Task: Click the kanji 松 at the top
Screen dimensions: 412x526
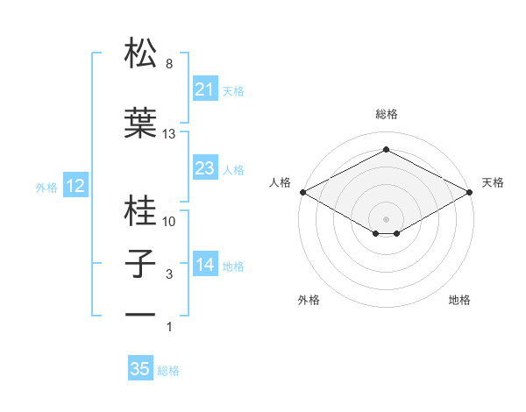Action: coord(141,53)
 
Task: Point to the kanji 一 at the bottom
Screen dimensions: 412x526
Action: coord(141,313)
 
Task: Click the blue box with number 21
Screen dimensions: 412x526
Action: coord(204,89)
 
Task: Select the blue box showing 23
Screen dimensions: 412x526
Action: coord(204,168)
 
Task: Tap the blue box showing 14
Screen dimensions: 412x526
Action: coord(204,264)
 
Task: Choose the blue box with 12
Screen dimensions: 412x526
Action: coord(75,186)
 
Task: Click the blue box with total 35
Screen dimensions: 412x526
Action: coord(140,369)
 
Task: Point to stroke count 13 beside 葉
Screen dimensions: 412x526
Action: coord(169,134)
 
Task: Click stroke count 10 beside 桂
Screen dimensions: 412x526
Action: coord(169,222)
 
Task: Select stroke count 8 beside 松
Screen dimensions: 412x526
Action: coord(168,64)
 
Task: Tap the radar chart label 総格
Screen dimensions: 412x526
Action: coord(386,115)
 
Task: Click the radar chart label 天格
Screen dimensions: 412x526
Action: coord(493,182)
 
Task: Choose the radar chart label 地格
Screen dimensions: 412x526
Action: coord(459,300)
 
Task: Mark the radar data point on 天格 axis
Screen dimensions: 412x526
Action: coord(470,192)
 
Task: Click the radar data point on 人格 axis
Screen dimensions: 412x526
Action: coord(302,192)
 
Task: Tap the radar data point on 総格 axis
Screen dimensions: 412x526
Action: coord(386,149)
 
